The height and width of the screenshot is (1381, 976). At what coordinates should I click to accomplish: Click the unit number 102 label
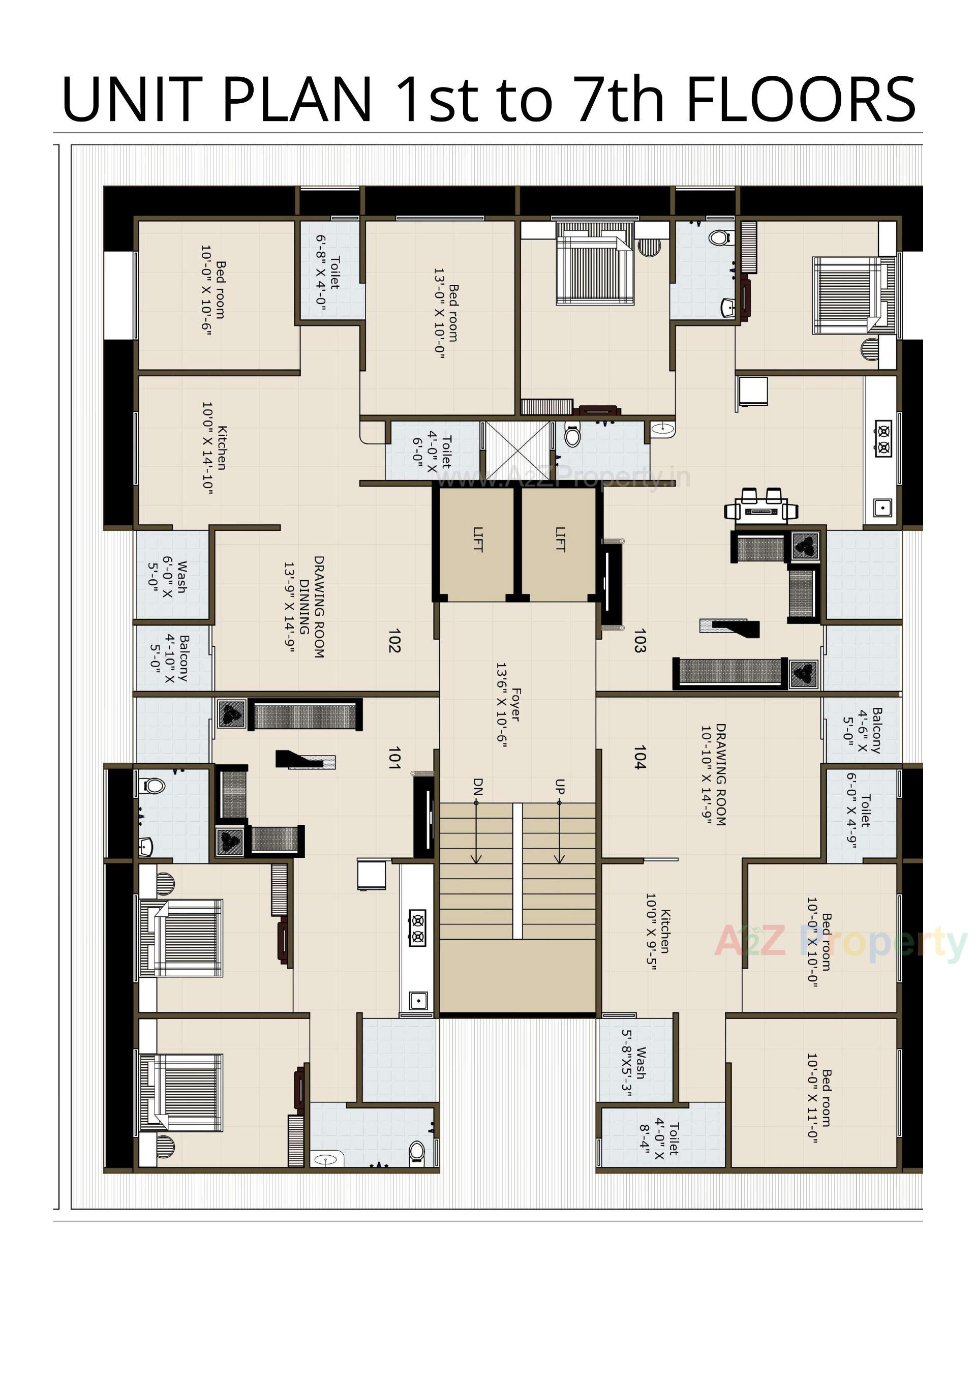click(x=394, y=641)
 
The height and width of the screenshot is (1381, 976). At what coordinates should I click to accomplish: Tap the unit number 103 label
click(x=639, y=641)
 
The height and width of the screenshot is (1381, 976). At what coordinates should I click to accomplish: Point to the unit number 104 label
click(x=639, y=758)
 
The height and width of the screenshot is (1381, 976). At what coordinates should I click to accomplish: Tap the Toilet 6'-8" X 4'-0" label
click(x=328, y=273)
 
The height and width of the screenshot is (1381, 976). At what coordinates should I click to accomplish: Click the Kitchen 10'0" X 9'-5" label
click(x=657, y=931)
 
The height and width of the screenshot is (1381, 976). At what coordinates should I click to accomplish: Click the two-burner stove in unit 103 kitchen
click(x=883, y=439)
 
